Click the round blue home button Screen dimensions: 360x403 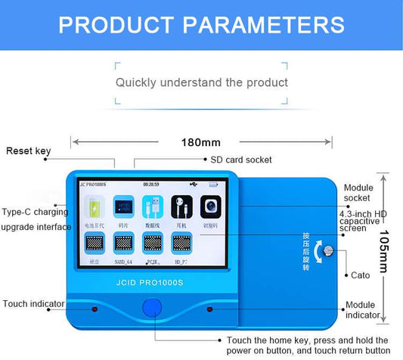pyautogui.click(x=153, y=308)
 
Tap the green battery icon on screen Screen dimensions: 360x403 pyautogui.click(x=95, y=207)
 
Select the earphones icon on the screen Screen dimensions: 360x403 pyautogui.click(x=181, y=206)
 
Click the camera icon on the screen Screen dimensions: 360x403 pyautogui.click(x=210, y=206)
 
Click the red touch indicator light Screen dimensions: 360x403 pyautogui.click(x=95, y=309)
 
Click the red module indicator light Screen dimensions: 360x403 pyautogui.click(x=210, y=309)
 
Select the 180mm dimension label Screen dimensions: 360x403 pyautogui.click(x=201, y=142)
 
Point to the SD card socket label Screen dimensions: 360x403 pyautogui.click(x=240, y=160)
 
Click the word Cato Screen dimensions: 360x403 pyautogui.click(x=361, y=275)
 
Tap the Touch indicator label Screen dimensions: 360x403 pyautogui.click(x=34, y=304)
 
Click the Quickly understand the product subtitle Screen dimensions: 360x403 pyautogui.click(x=201, y=82)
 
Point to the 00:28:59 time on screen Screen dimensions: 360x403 pyautogui.click(x=151, y=184)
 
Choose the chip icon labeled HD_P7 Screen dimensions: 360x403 pyautogui.click(x=181, y=242)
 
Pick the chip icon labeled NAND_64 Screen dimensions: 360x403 pyautogui.click(x=123, y=242)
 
